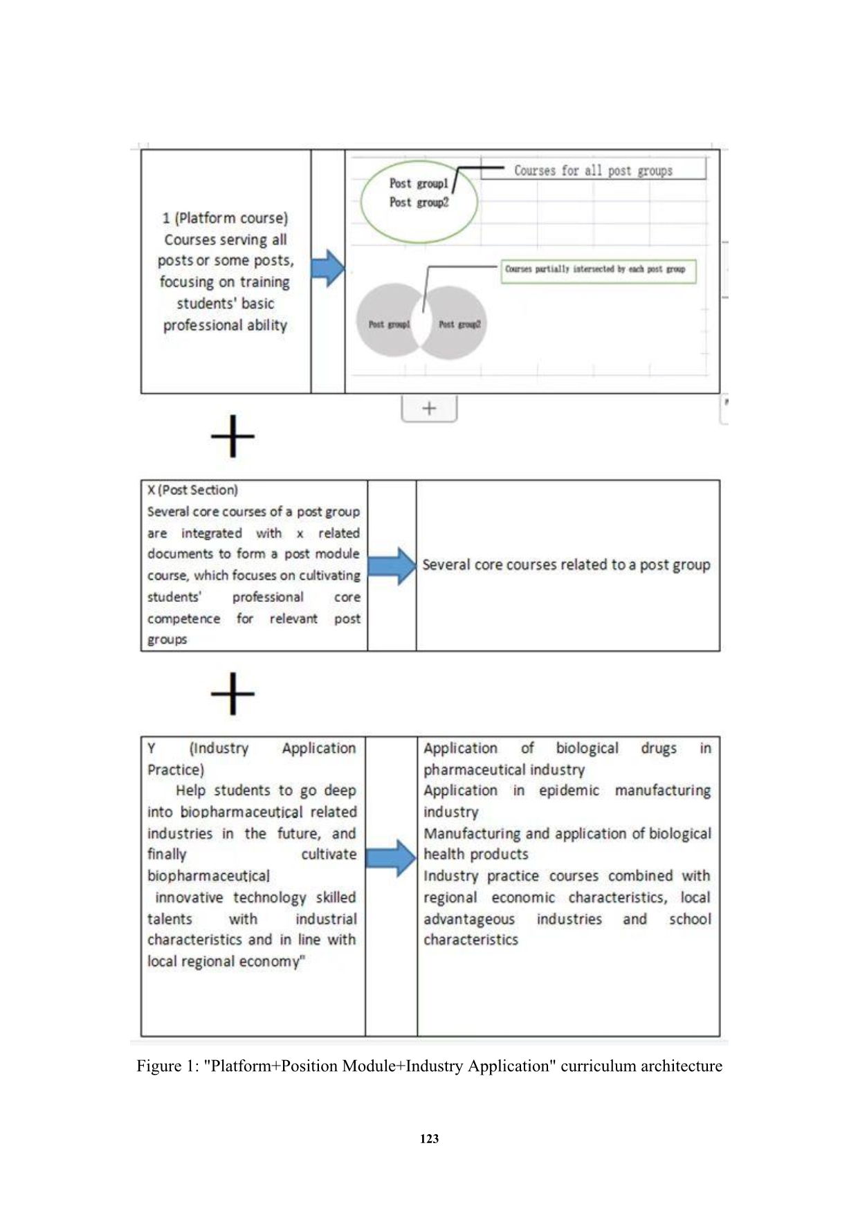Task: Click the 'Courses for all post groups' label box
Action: point(593,170)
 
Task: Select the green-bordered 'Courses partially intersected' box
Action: point(599,269)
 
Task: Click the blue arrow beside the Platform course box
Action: point(327,268)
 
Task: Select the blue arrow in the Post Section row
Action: point(392,565)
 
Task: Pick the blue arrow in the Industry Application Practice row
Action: point(391,858)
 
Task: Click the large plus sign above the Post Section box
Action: point(232,436)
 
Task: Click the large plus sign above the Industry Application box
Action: point(232,693)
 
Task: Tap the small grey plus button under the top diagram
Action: point(429,408)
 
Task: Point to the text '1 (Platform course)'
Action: point(225,218)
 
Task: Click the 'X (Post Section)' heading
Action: point(192,490)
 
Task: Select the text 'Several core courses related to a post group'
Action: point(566,565)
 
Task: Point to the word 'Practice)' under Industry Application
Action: point(176,769)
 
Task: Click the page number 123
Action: point(429,1138)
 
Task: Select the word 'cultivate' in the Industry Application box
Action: point(329,854)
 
